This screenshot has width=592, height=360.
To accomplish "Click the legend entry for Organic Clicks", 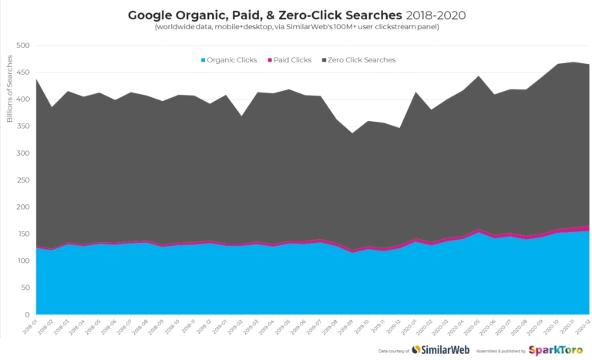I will point(229,59).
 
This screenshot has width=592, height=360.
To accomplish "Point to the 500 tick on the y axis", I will point(24,45).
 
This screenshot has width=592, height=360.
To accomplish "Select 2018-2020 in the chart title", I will point(435,15).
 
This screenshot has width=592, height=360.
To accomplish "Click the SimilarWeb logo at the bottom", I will point(439,350).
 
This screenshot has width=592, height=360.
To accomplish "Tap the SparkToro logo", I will point(554,350).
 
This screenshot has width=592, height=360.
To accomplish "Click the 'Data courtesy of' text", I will point(394,351).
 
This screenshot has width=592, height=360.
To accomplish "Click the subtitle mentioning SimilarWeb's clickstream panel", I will point(296,28).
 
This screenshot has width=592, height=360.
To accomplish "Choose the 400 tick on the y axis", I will point(24,99).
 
